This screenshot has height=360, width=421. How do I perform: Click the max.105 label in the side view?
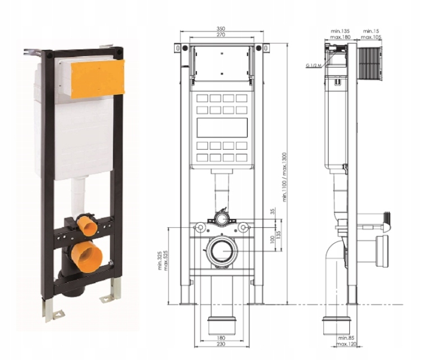(371, 37)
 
